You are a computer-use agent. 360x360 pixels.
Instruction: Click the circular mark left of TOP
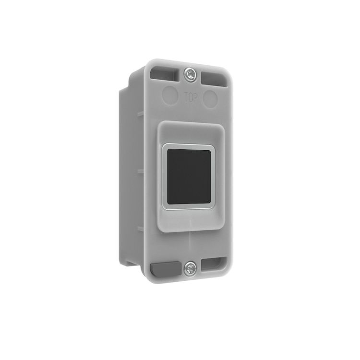tap(170, 93)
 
